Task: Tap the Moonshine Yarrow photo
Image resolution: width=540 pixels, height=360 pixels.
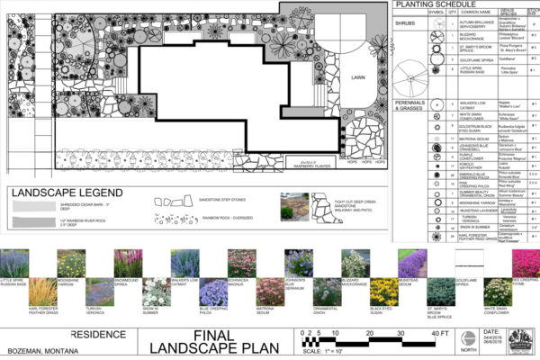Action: click(72, 264)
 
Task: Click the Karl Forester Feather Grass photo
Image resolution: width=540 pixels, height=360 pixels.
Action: click(43, 292)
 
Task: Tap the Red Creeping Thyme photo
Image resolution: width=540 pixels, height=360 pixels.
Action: click(525, 264)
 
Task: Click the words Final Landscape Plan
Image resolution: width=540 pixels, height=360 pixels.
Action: click(207, 341)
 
